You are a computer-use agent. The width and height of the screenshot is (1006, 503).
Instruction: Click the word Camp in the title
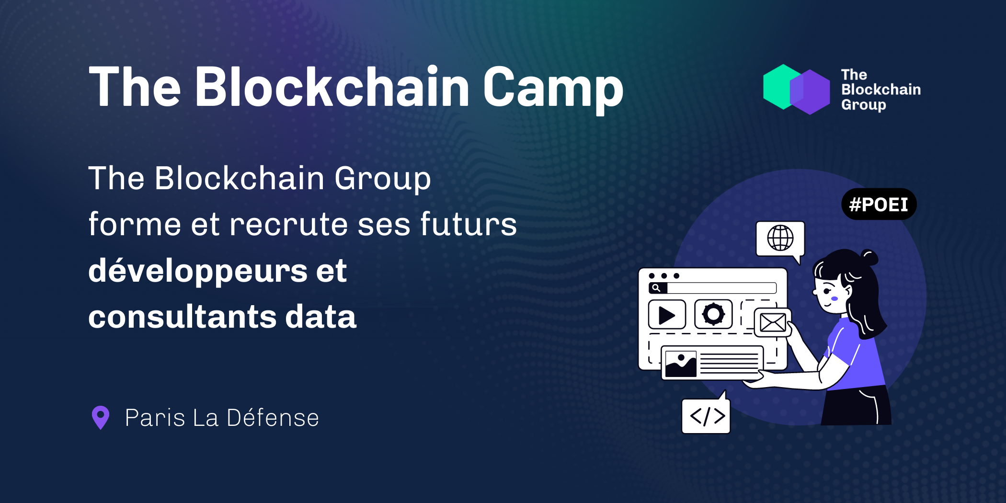[553, 89]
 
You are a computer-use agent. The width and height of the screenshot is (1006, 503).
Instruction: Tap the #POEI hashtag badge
[879, 205]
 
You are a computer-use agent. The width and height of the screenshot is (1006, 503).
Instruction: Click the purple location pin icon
[101, 418]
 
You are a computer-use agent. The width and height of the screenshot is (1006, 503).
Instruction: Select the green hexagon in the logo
[781, 87]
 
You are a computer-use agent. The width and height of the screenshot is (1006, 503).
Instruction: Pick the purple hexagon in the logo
[811, 92]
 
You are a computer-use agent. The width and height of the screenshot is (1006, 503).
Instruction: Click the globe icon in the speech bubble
[780, 238]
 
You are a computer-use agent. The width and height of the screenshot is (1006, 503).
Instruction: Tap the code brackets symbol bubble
[706, 415]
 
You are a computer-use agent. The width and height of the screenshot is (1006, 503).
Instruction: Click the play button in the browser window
[667, 315]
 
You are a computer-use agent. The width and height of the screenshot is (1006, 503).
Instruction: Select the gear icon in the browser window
[713, 314]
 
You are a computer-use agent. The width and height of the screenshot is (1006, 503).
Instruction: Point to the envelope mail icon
[773, 322]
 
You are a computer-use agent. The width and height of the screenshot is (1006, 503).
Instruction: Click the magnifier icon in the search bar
[656, 288]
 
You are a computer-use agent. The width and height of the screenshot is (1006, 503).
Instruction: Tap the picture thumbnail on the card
[681, 364]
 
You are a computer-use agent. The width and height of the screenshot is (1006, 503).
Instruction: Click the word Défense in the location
[273, 418]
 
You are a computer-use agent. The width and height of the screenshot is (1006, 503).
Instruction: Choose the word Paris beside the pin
[155, 418]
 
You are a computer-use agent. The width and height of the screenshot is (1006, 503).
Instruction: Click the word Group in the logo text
[864, 105]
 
